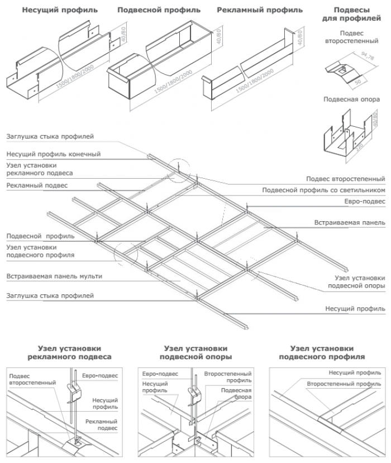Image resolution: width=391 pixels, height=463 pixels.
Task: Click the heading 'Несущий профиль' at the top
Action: (x=59, y=10)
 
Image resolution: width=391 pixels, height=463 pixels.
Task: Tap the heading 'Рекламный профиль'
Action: (x=260, y=10)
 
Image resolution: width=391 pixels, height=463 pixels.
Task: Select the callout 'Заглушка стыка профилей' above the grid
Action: (x=50, y=136)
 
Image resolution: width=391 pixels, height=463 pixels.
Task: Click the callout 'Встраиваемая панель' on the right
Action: (x=349, y=222)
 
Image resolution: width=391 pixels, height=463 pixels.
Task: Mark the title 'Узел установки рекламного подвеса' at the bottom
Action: (x=70, y=352)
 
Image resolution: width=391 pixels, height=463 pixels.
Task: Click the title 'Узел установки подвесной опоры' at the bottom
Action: (x=197, y=352)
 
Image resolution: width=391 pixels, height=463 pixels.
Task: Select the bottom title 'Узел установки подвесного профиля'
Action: (x=322, y=352)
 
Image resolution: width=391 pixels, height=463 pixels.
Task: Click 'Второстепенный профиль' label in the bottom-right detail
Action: (x=344, y=384)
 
